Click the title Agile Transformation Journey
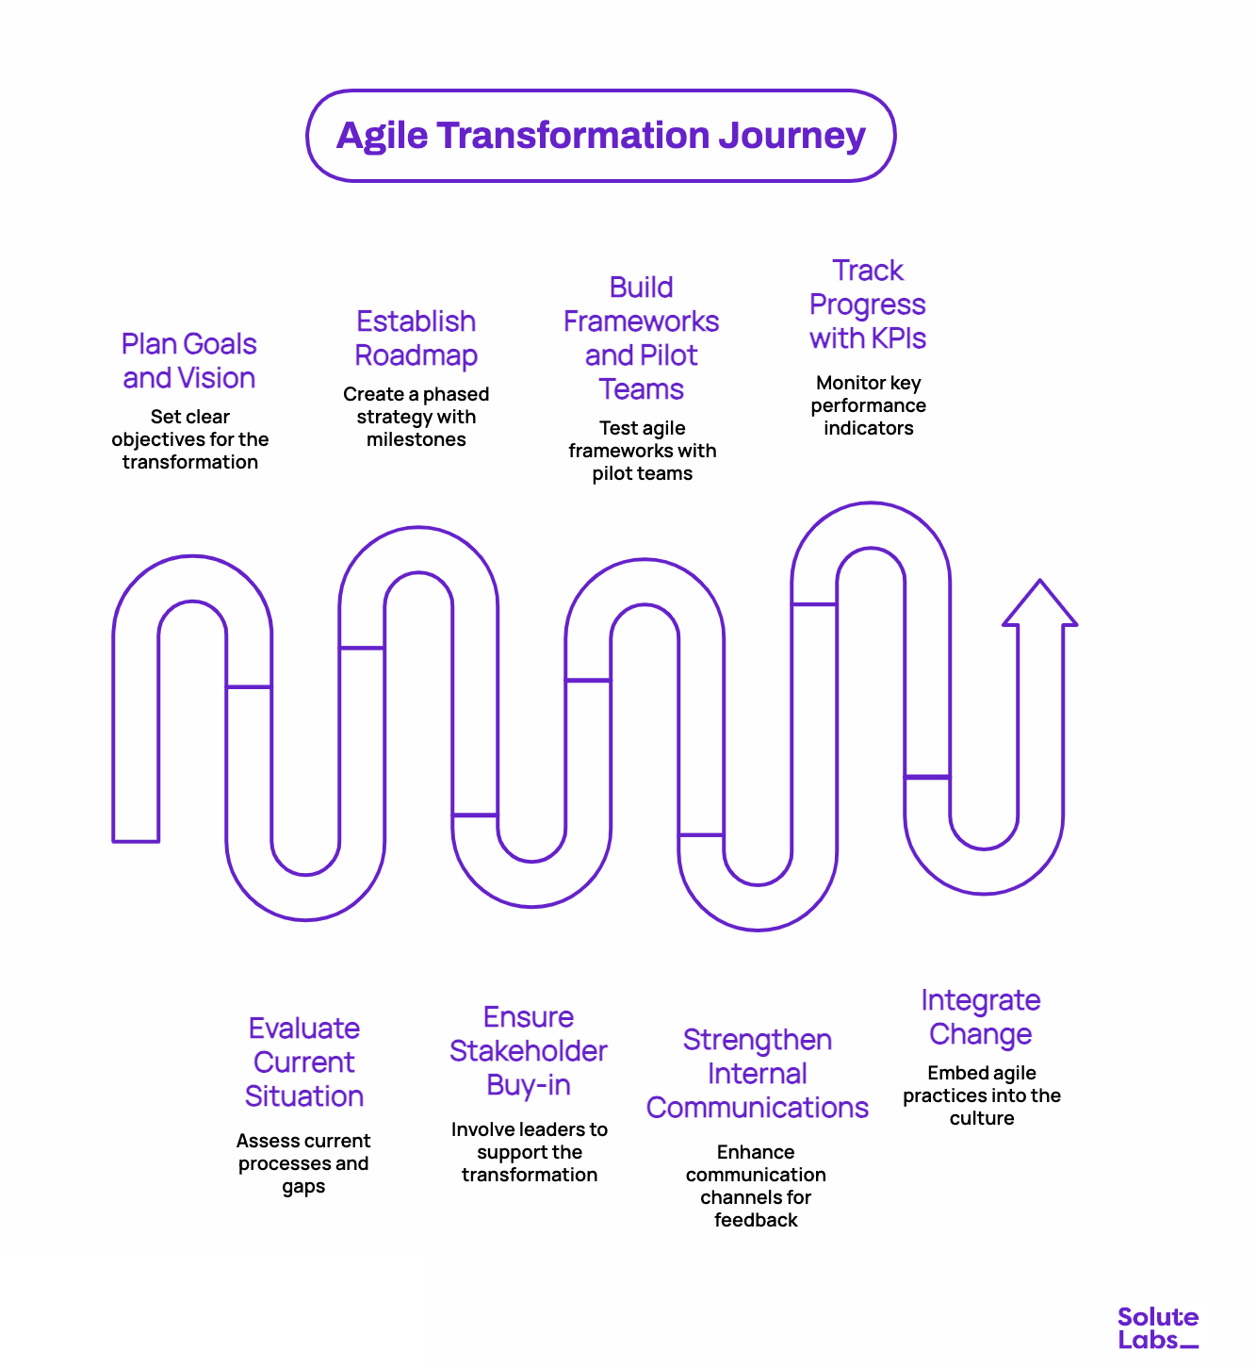tap(600, 136)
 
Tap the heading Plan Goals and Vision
tap(189, 361)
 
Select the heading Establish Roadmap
tap(416, 338)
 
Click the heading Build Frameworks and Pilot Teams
tap(641, 338)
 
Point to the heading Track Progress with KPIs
tap(868, 305)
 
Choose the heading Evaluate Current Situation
tap(304, 1062)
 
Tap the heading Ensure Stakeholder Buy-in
tap(529, 1051)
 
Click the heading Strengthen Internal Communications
tap(757, 1074)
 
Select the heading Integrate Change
tap(981, 1017)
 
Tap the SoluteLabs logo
tap(1157, 1328)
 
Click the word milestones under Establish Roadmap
tap(416, 440)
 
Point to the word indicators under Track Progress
tap(868, 429)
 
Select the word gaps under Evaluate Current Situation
tap(303, 1187)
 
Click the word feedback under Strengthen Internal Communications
tap(756, 1221)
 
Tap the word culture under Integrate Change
tap(982, 1119)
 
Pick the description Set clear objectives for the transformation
tap(190, 440)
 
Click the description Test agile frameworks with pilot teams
tap(642, 452)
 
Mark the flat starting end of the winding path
tap(136, 834)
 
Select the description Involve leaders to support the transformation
tap(529, 1153)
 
